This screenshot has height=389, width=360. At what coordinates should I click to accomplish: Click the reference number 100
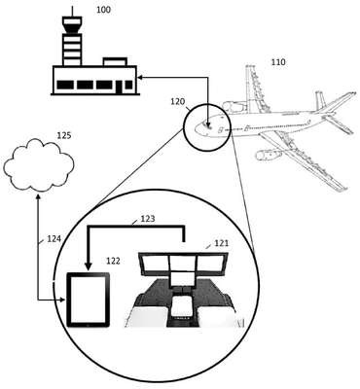(x=103, y=10)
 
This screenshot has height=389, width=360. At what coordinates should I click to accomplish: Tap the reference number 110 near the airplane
(x=278, y=62)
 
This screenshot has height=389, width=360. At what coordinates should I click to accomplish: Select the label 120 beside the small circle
(x=178, y=102)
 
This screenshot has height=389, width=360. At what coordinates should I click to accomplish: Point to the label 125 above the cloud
(x=64, y=135)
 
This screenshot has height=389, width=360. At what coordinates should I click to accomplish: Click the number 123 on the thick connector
(x=148, y=219)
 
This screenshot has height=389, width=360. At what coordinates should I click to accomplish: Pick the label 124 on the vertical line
(x=54, y=239)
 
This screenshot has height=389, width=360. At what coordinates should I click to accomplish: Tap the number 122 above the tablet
(x=113, y=261)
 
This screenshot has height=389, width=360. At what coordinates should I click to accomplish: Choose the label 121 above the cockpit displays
(x=222, y=243)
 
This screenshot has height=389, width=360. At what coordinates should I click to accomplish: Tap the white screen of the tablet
(x=88, y=299)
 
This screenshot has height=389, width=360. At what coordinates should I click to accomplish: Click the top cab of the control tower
(x=72, y=25)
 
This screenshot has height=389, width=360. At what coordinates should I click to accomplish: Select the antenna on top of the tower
(x=72, y=12)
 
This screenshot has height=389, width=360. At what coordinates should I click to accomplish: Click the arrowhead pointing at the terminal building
(x=140, y=77)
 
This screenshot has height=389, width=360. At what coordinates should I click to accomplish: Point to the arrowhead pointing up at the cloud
(x=38, y=196)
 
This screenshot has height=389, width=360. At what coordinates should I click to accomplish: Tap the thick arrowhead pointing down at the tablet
(x=88, y=265)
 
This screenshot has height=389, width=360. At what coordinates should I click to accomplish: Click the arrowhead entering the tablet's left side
(x=63, y=301)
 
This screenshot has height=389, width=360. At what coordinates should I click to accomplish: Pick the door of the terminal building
(x=119, y=87)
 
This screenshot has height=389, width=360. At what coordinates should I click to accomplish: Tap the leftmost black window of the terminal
(x=65, y=85)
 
